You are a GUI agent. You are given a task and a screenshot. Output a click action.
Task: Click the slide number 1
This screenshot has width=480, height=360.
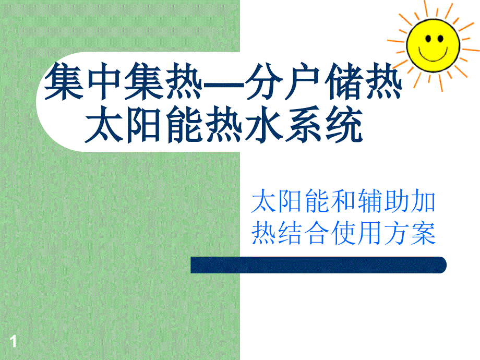(13, 341)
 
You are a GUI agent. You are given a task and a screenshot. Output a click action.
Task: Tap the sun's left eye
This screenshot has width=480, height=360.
(428, 39)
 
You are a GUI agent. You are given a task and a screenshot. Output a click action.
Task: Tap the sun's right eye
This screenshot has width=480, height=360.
(440, 39)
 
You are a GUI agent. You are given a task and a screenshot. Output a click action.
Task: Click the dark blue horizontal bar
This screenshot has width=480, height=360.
(318, 265)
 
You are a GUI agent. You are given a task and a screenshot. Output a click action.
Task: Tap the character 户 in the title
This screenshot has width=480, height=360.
(303, 81)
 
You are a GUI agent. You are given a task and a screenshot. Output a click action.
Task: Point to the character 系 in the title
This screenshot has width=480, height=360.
(303, 124)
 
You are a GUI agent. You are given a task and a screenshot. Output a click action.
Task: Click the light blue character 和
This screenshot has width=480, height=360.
(343, 201)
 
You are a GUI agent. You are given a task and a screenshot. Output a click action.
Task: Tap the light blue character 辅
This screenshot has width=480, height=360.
(370, 201)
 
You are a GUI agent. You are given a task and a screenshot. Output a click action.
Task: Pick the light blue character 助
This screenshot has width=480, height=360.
(397, 201)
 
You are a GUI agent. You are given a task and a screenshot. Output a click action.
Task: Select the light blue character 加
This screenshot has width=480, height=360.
(423, 201)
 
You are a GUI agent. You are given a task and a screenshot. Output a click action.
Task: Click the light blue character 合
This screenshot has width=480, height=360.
(317, 233)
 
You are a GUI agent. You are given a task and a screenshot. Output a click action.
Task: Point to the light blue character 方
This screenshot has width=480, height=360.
(397, 233)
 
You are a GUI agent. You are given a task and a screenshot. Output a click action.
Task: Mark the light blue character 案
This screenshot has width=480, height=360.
(423, 233)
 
